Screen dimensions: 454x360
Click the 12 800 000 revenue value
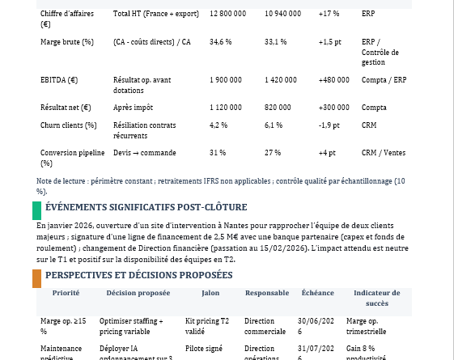tap(227, 14)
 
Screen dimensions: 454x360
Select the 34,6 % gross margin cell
tap(220, 41)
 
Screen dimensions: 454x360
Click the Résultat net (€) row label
tap(66, 107)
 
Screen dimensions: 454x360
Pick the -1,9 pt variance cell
tap(329, 125)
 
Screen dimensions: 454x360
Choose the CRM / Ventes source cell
tap(384, 152)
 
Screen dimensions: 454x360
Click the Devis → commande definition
tap(144, 152)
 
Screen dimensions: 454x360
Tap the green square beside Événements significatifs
tap(36, 210)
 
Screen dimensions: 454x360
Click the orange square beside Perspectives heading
tap(36, 278)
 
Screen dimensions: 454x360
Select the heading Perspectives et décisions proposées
tap(138, 275)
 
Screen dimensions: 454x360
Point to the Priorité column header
tap(66, 293)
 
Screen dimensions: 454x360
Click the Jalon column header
tap(210, 293)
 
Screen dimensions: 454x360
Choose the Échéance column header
tap(317, 293)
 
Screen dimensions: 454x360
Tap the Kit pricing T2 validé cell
tap(207, 326)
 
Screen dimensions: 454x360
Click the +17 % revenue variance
tap(329, 14)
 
